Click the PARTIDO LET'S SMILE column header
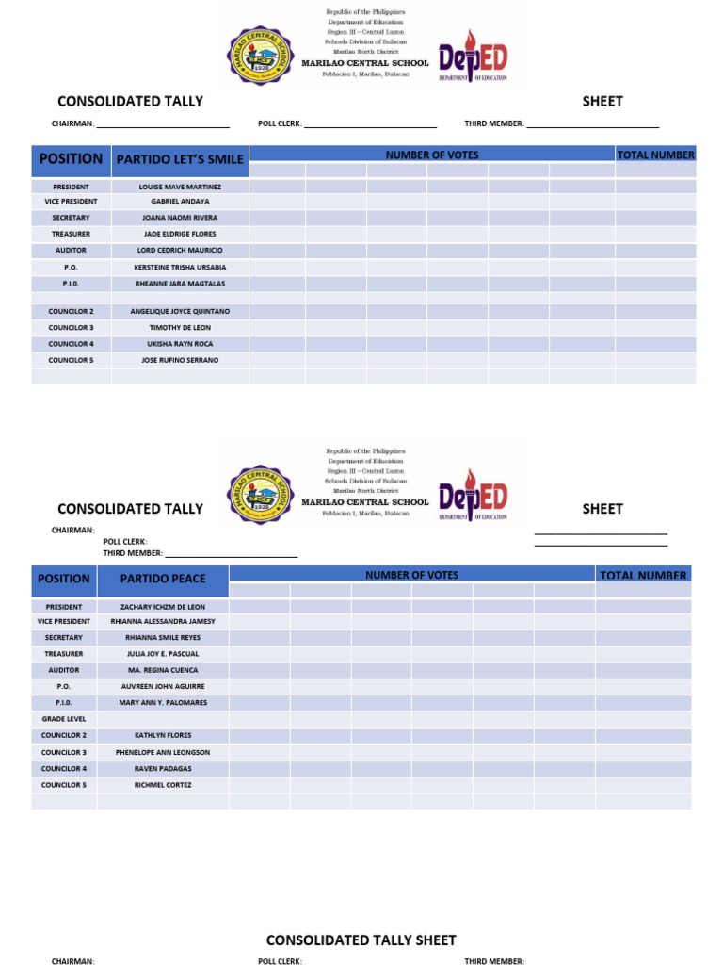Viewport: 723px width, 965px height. pos(180,159)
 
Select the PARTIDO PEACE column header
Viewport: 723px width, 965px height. pos(162,579)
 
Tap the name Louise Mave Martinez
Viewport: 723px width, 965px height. pos(180,187)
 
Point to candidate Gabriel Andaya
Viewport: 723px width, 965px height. pos(180,202)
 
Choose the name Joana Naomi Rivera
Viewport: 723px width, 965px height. pos(180,218)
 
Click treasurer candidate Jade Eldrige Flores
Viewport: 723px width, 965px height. pos(180,234)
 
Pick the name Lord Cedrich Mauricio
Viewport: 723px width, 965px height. pos(180,250)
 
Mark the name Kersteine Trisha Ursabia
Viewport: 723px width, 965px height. pos(180,267)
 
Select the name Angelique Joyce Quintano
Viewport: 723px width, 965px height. pos(180,311)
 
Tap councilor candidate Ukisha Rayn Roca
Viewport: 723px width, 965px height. pos(180,344)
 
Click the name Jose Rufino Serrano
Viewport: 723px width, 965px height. pos(180,360)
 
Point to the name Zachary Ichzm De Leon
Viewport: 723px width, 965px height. pos(162,607)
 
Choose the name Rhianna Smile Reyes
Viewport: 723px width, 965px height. pos(162,638)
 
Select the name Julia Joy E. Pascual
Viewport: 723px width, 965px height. pos(162,654)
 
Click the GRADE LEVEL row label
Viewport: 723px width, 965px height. pos(64,719)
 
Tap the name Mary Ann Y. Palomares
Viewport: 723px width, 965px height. pos(162,703)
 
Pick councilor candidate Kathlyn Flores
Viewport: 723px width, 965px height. pos(162,735)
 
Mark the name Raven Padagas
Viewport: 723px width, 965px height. pos(162,769)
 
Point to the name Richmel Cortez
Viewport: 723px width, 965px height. pos(162,785)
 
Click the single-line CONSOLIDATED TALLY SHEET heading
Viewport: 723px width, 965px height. pos(361,940)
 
